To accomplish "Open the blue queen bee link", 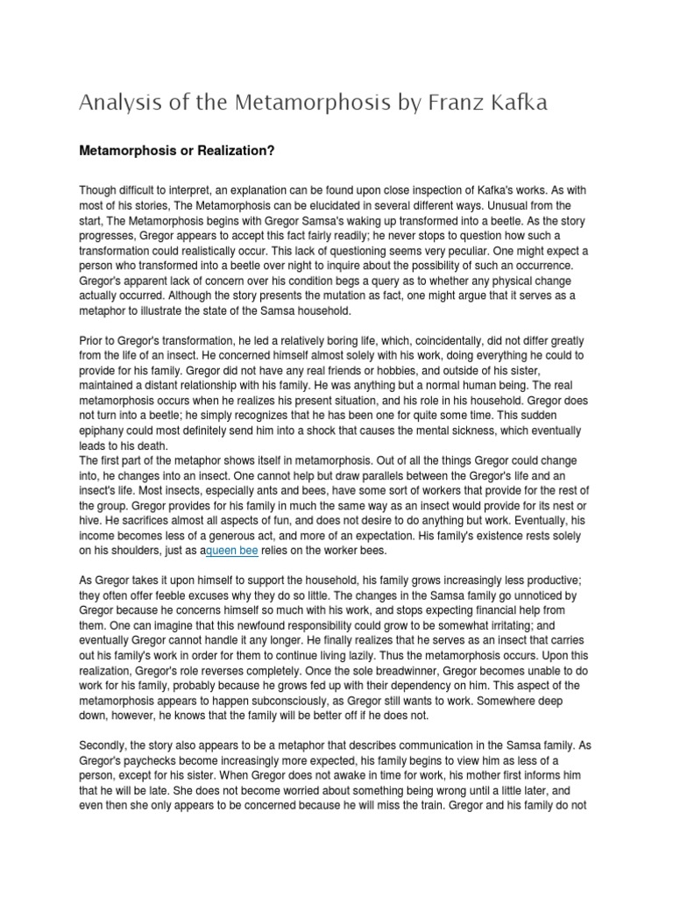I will click(232, 550).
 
